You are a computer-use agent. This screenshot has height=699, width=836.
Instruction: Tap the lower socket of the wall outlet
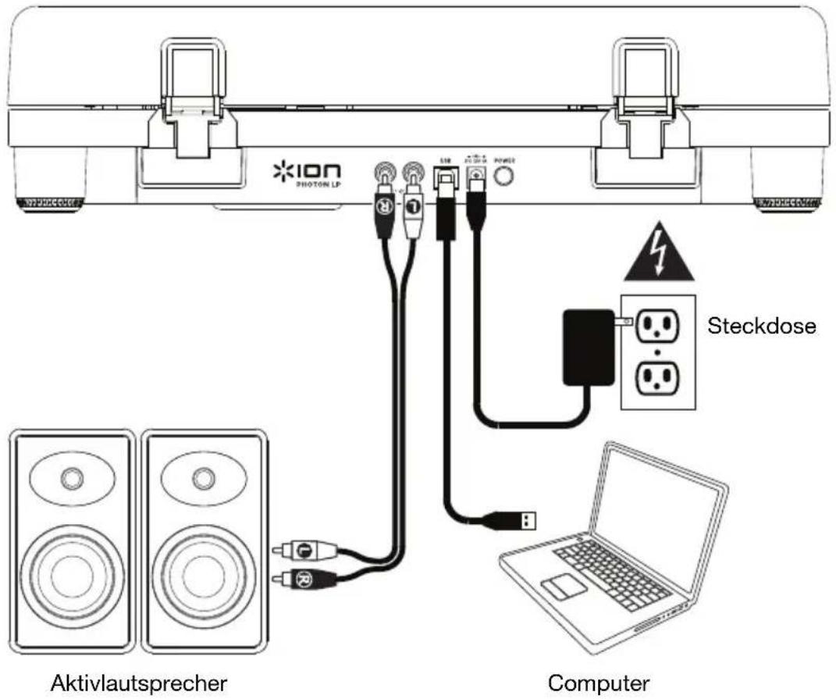[656, 376]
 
